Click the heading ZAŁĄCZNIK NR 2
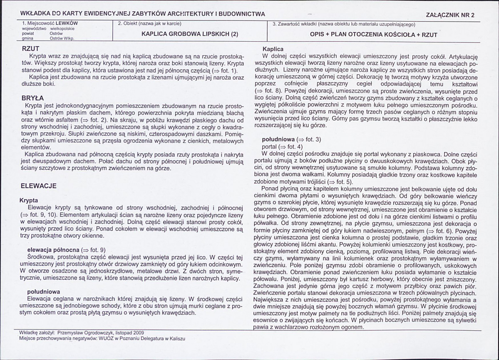point(450,15)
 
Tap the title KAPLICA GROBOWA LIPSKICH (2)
point(190,35)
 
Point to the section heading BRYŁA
point(32,98)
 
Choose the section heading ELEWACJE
point(39,186)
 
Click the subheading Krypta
point(29,200)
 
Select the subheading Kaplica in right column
point(273,49)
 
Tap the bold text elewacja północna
point(53,250)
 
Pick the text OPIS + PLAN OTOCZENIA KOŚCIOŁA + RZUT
point(373,35)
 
